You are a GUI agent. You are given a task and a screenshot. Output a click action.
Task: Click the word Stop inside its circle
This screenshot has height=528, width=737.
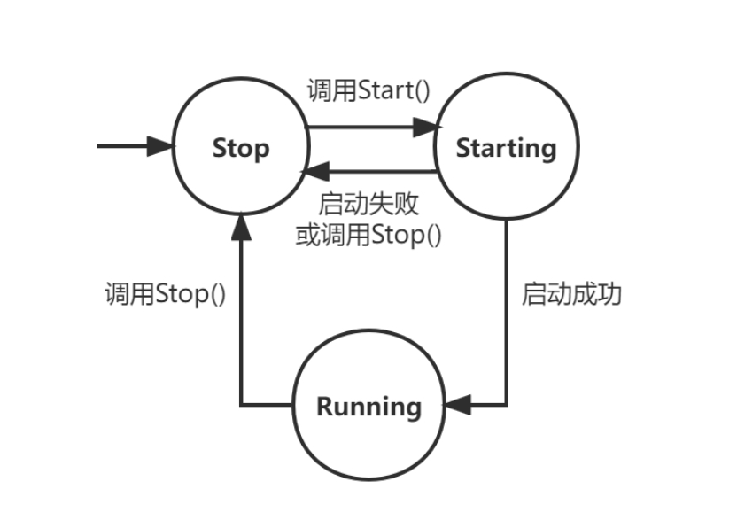(x=240, y=148)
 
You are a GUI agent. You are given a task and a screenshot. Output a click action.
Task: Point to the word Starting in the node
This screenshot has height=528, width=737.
(x=506, y=148)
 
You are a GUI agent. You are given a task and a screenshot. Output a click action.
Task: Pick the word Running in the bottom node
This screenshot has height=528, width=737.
(x=368, y=408)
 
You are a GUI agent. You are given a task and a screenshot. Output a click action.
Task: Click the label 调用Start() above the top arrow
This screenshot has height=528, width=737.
(x=367, y=91)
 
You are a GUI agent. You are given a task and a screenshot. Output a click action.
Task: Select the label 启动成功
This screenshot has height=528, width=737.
(x=571, y=294)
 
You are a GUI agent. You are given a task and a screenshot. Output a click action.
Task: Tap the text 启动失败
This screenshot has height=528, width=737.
(x=368, y=204)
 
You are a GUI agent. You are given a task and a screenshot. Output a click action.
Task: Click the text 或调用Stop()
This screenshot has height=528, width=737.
(x=368, y=236)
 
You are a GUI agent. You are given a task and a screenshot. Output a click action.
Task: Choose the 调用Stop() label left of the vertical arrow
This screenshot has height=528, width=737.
(x=164, y=293)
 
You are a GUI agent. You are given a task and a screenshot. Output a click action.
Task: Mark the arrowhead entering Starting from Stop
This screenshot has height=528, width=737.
(x=428, y=128)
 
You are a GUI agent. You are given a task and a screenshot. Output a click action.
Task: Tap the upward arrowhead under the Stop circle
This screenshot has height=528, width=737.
(x=240, y=228)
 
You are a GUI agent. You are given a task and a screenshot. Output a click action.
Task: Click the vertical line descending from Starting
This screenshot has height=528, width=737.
(x=507, y=310)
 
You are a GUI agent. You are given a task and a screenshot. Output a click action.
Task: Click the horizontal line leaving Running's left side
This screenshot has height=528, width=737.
(x=266, y=406)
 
